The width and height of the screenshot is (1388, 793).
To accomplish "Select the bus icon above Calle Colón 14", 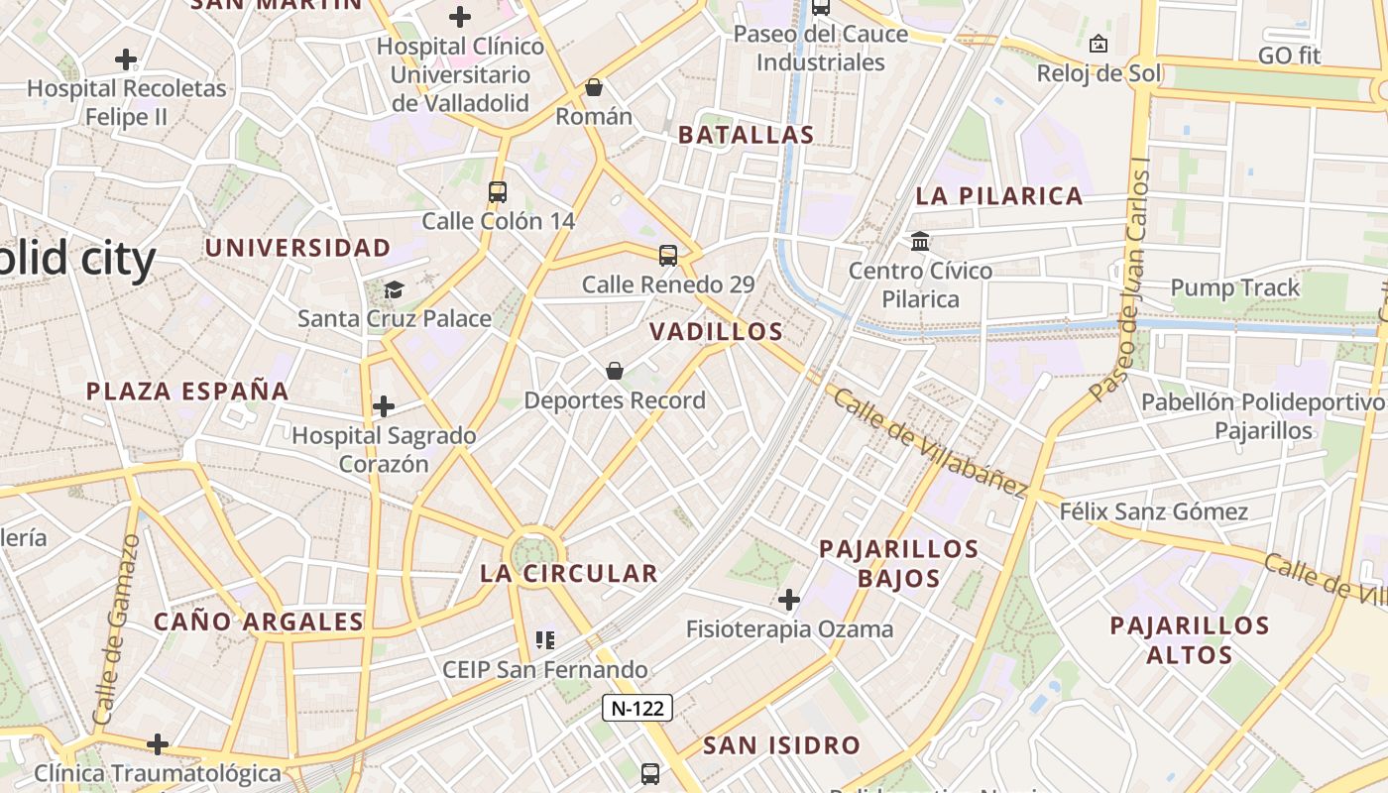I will point(498,191).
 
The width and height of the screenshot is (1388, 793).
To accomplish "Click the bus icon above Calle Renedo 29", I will point(668,255).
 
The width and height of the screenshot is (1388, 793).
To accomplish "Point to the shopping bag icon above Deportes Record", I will point(615,371).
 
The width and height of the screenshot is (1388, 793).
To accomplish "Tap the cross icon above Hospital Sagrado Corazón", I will point(384,405).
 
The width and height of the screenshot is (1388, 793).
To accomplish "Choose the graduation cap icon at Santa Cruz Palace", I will point(395,289).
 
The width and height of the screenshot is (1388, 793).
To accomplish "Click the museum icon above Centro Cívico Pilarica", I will point(920,241).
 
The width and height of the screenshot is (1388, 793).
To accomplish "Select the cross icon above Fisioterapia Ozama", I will point(789,600).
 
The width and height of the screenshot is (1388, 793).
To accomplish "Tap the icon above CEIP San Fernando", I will point(544,640).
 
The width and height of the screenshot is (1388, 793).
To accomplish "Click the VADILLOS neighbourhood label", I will point(717,332).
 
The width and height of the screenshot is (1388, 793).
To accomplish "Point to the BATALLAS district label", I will point(747,135).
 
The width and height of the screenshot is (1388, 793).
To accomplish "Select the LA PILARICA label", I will point(999,195).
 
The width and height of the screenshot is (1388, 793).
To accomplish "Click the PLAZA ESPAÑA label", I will point(187,391).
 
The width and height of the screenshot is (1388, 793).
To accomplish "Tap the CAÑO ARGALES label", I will point(259,622).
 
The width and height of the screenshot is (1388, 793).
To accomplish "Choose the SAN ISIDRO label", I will point(782,745).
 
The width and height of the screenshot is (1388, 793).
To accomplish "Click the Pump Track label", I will point(1234,287).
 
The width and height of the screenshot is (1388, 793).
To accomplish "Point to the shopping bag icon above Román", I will point(594,87).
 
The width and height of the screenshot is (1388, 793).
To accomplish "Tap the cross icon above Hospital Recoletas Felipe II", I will point(126,59).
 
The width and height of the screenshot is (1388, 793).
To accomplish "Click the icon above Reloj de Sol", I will point(1099,44).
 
